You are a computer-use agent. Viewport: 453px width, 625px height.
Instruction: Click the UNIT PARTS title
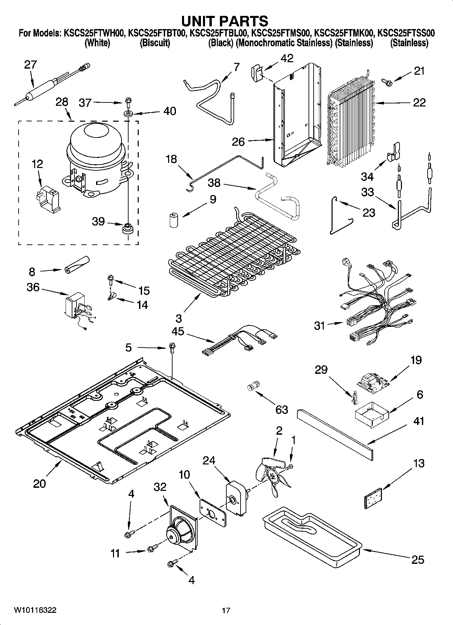(x=225, y=21)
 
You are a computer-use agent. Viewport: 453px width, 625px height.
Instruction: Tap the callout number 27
(x=30, y=65)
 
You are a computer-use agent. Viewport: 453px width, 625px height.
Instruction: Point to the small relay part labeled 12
(x=47, y=201)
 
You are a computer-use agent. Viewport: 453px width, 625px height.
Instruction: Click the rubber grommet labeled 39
(x=128, y=228)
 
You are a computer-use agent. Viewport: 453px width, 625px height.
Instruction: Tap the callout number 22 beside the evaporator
(x=419, y=102)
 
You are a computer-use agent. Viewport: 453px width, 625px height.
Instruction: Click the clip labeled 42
(x=257, y=72)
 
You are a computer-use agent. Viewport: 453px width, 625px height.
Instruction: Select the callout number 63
(x=281, y=409)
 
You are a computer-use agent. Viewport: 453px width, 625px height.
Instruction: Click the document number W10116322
(x=35, y=610)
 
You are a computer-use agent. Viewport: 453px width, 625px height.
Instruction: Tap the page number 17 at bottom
(x=226, y=610)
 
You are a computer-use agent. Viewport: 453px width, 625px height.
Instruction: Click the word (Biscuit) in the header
(x=155, y=43)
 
